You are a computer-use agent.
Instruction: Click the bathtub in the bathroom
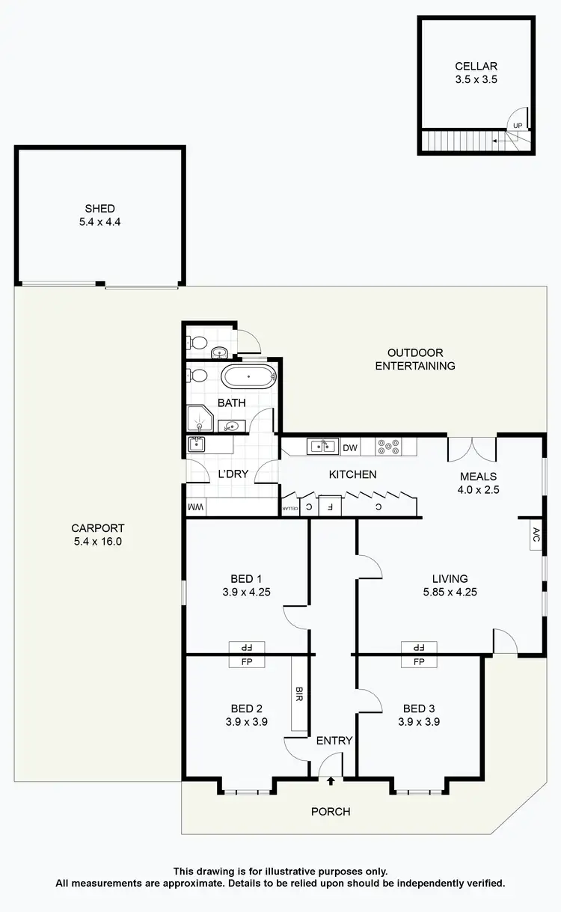[x=249, y=376]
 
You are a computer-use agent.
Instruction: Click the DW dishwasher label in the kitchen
[x=350, y=448]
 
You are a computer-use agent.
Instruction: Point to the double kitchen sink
[x=323, y=447]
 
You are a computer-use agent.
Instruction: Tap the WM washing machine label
[x=196, y=508]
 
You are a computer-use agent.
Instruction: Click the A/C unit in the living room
[x=536, y=535]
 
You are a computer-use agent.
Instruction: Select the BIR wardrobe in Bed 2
[x=299, y=694]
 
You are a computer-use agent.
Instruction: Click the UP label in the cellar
[x=518, y=125]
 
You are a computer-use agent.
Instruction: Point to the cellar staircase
[x=460, y=140]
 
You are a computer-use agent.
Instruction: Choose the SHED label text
[x=99, y=209]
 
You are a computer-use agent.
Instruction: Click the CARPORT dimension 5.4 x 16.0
[x=93, y=541]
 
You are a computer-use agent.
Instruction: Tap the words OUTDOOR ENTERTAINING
[x=415, y=359]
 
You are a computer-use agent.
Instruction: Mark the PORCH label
[x=331, y=811]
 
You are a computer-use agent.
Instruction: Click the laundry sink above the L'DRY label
[x=199, y=445]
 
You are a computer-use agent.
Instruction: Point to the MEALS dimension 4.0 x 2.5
[x=479, y=490]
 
